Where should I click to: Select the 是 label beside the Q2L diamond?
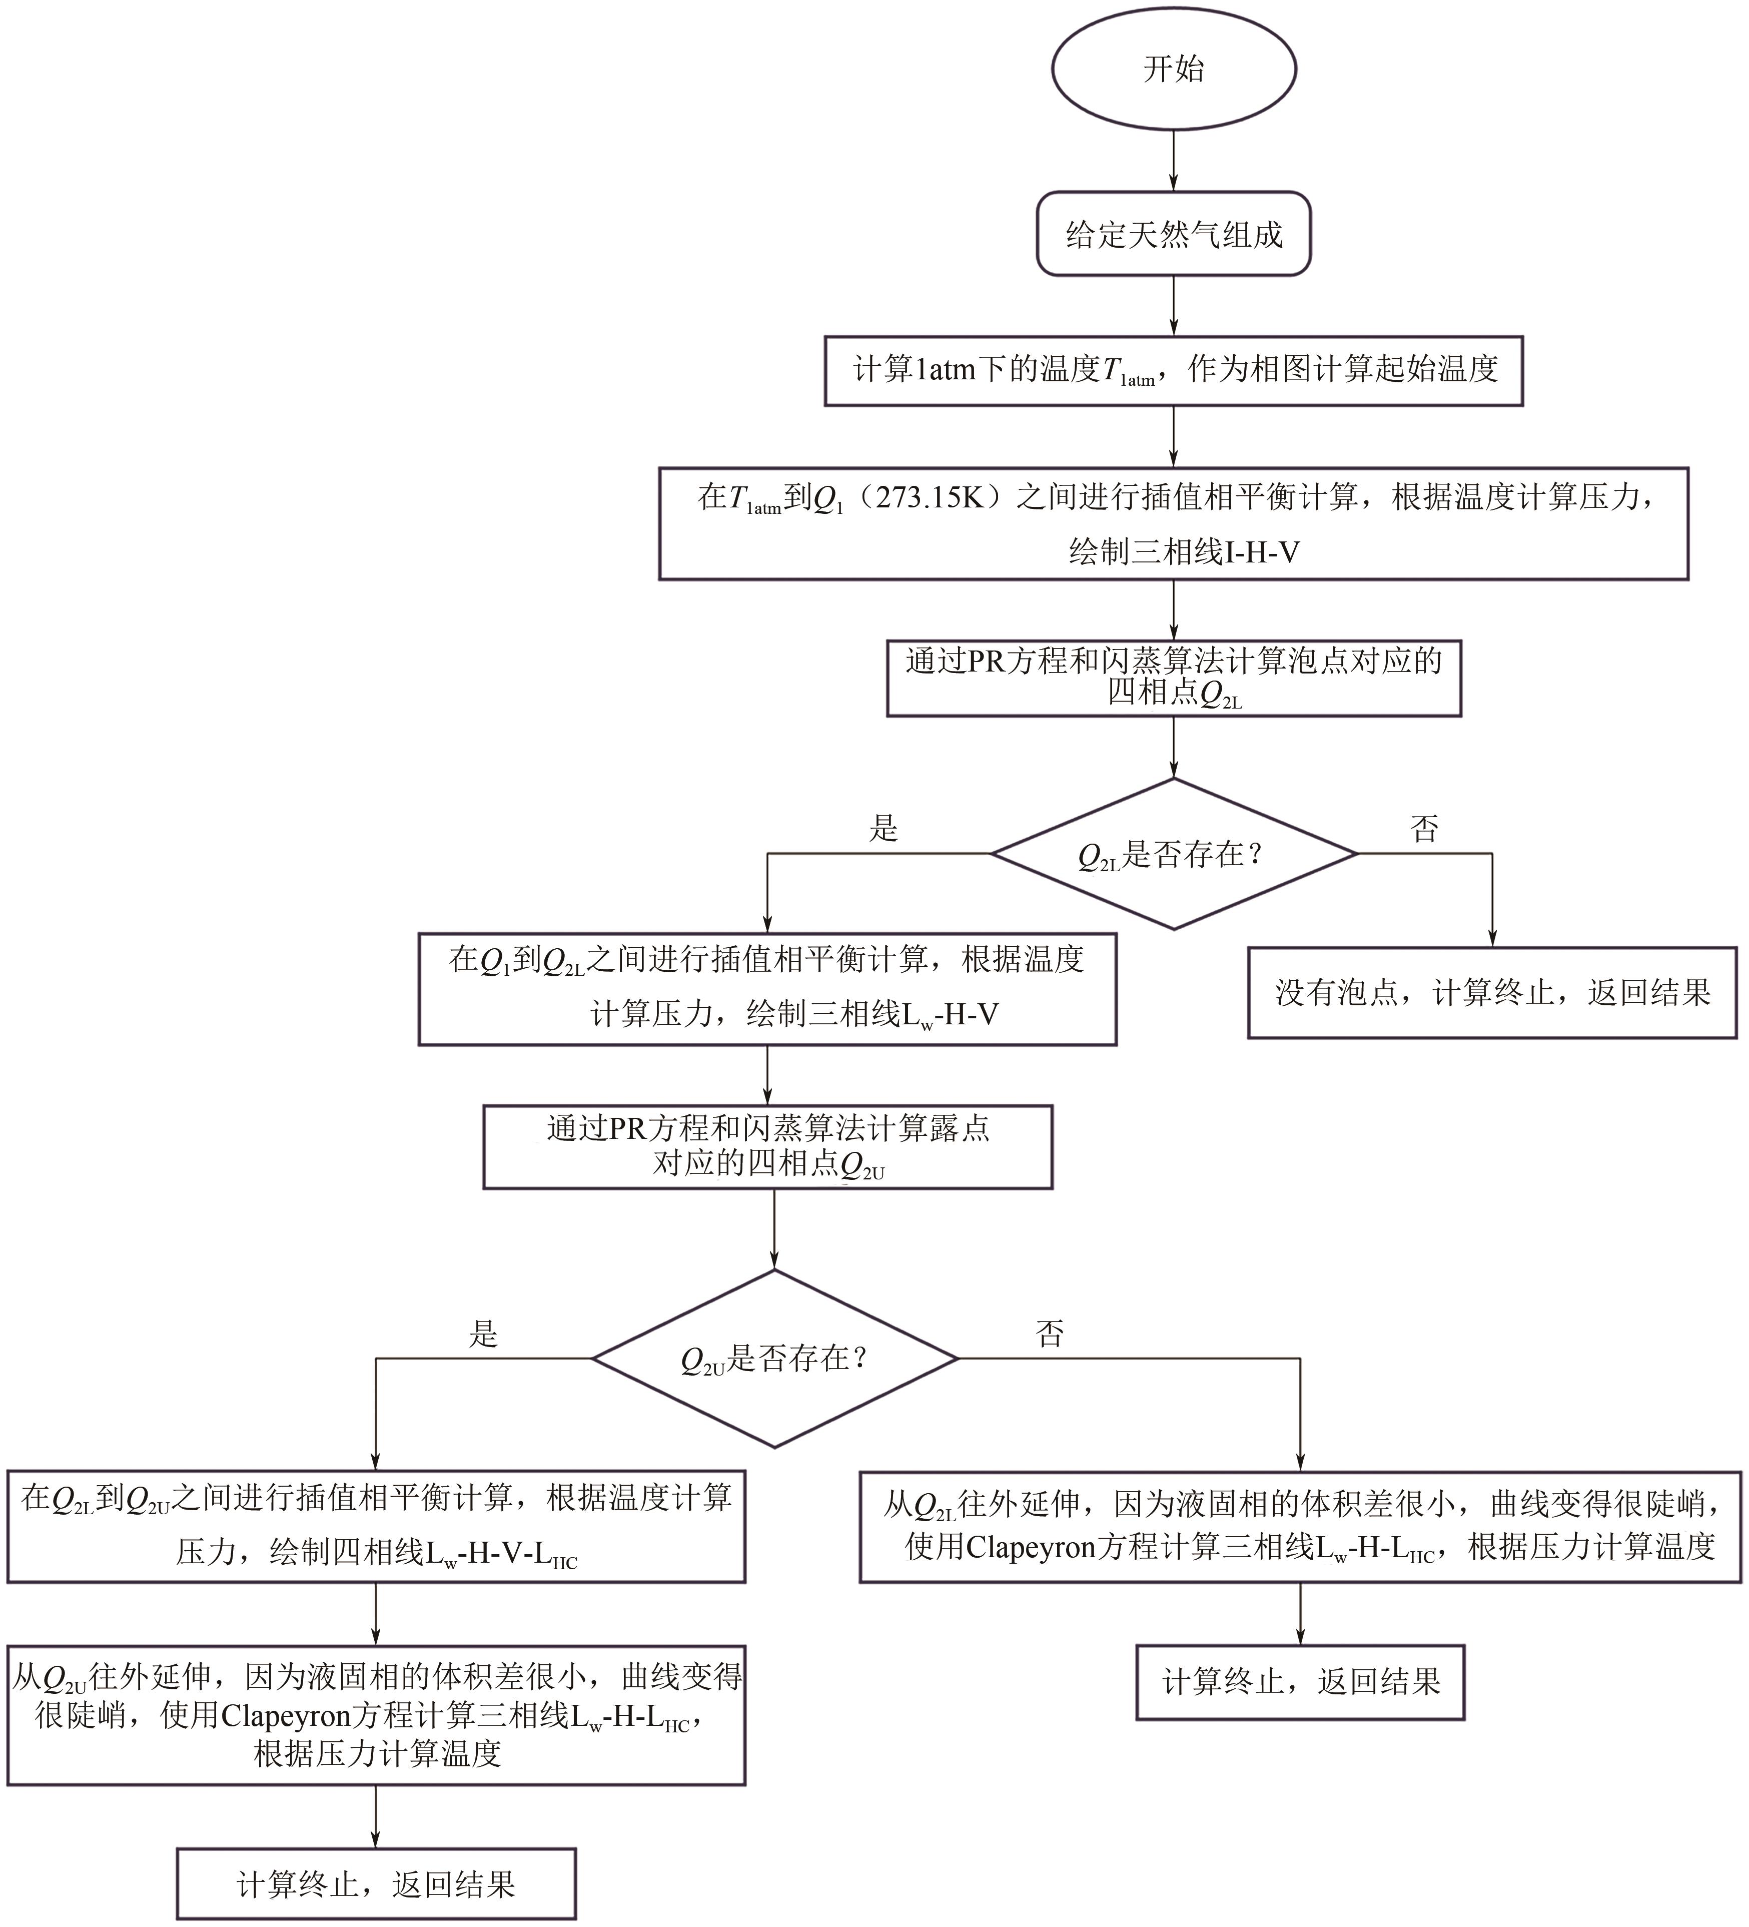883,828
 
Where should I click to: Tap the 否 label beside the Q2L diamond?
1424,828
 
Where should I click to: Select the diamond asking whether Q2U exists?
774,1358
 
